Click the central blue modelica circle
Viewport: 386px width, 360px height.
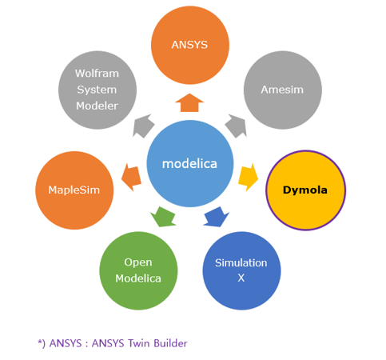coord(190,163)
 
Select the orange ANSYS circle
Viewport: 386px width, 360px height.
coord(190,45)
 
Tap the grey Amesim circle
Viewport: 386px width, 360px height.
coord(283,90)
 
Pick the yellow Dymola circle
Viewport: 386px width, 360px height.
coord(305,190)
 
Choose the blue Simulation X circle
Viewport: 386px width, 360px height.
coord(241,270)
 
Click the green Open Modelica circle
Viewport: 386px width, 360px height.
coord(138,270)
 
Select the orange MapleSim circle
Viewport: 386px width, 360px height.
coord(74,190)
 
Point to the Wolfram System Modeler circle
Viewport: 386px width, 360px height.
coord(97,90)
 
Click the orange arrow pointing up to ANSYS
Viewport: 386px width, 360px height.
coord(189,102)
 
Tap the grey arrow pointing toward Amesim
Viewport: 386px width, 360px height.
coord(236,126)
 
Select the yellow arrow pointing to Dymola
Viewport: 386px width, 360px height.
coord(248,178)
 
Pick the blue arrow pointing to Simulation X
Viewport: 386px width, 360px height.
coord(216,217)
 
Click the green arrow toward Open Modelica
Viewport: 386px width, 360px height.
coord(163,217)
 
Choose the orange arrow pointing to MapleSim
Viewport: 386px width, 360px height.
coord(131,178)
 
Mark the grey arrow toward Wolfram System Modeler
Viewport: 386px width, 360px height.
coord(144,126)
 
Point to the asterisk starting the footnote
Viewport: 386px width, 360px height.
coord(40,342)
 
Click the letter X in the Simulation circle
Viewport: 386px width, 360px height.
coord(241,278)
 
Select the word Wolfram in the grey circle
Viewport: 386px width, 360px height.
coord(97,74)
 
